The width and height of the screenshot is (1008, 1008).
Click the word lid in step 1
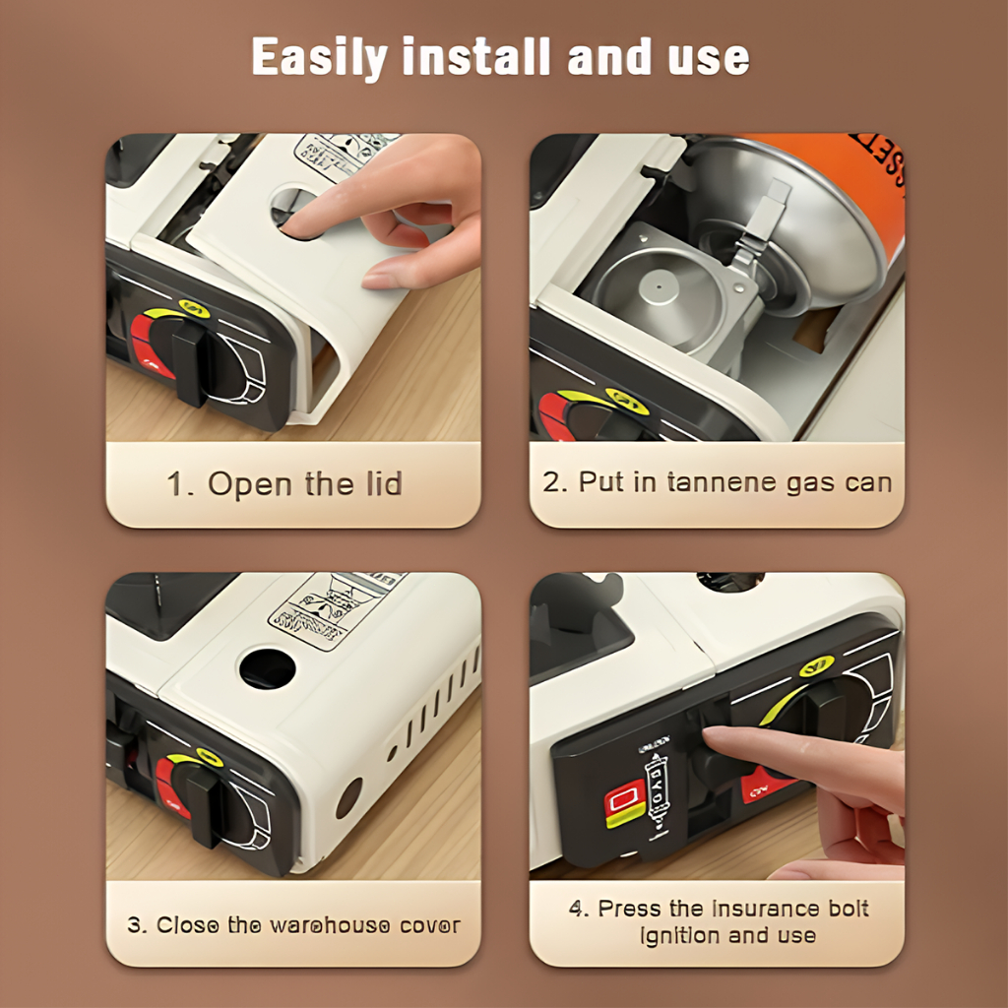379,484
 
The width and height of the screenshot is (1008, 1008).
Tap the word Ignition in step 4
680,935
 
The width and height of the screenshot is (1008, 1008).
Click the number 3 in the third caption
134,925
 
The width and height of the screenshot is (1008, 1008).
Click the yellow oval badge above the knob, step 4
815,666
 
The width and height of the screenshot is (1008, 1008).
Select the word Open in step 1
250,484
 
